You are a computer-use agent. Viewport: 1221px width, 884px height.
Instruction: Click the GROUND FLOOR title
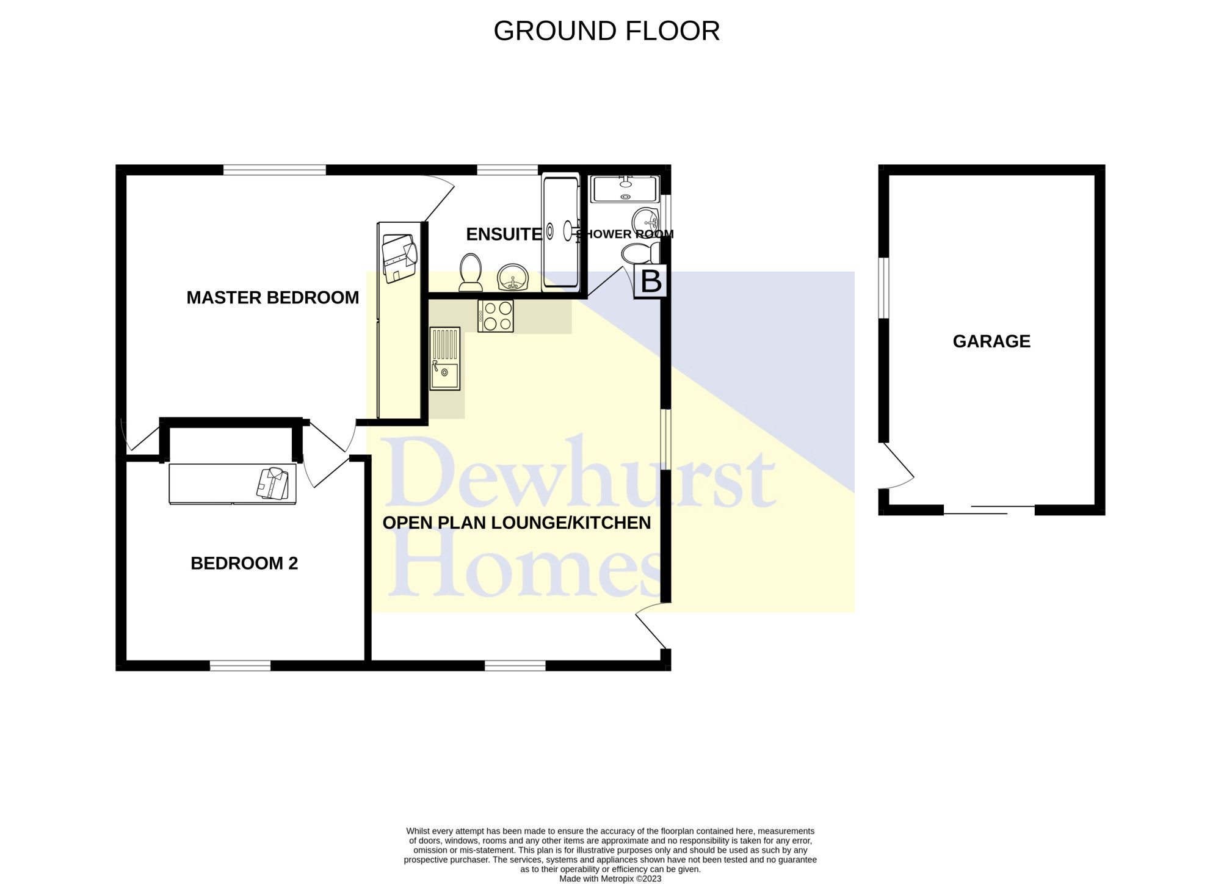[606, 31]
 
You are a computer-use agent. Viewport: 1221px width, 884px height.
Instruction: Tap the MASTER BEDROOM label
[272, 298]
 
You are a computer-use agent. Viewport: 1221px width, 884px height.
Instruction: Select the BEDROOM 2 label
[244, 563]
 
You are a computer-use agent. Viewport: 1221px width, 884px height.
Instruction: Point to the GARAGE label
[991, 341]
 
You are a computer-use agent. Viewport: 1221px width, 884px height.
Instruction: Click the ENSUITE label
[504, 234]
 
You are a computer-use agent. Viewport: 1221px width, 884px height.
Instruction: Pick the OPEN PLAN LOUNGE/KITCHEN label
[516, 523]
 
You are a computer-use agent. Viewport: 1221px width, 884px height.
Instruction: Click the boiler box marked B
[651, 281]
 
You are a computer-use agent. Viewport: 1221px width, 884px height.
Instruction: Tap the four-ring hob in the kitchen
[496, 316]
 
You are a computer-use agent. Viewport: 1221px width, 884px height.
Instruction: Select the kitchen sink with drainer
[445, 359]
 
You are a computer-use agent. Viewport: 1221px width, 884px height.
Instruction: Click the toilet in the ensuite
[470, 272]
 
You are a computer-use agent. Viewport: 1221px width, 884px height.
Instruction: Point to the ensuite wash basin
[513, 278]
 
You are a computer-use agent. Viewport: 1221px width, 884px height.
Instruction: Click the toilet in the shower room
[640, 253]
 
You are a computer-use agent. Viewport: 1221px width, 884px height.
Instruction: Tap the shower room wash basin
[645, 220]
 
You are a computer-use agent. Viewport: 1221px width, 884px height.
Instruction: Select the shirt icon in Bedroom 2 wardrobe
[272, 484]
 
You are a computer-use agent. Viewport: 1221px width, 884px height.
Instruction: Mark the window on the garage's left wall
[883, 288]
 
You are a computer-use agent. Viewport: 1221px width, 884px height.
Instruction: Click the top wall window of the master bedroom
[275, 170]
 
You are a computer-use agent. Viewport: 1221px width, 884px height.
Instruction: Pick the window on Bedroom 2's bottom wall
[240, 665]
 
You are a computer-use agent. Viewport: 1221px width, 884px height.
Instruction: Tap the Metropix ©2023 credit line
[610, 879]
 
